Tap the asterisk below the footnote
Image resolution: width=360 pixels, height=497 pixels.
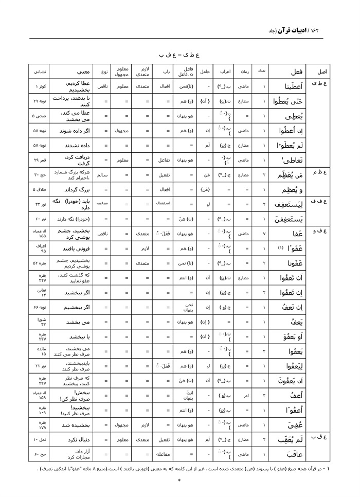(x=179, y=481)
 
